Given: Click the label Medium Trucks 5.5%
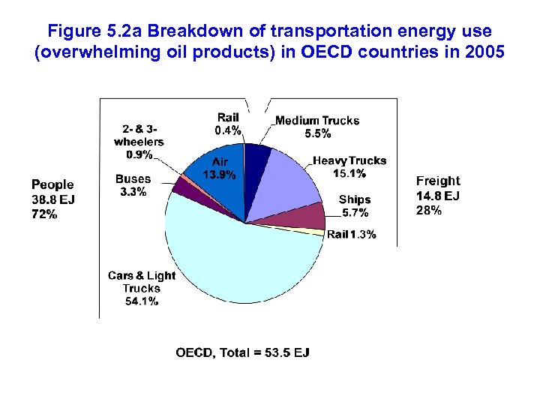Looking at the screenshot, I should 316,127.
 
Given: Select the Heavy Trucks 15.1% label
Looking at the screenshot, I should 349,166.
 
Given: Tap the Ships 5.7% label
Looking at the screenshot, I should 354,205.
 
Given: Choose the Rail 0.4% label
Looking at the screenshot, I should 228,124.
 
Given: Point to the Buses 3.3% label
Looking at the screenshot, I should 133,185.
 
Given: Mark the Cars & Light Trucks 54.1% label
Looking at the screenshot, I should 141,288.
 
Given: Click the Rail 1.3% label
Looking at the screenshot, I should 351,235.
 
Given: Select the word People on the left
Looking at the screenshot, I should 52,184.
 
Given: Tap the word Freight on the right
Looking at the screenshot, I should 438,181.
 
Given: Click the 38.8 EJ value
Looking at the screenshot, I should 52,199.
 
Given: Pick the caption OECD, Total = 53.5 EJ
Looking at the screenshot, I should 242,352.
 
